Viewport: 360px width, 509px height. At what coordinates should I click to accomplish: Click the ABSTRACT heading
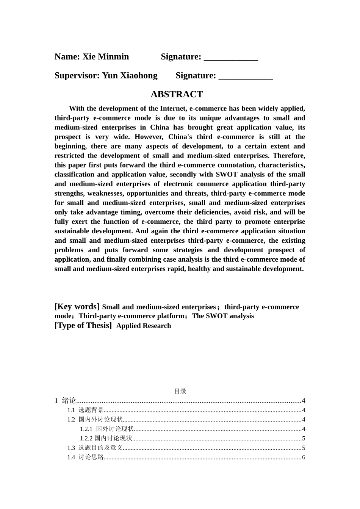[177, 94]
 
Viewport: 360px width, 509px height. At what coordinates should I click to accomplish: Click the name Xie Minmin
[106, 57]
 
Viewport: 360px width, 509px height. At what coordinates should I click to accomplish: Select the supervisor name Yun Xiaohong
[130, 76]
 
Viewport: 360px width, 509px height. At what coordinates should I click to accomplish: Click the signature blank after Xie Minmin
[231, 58]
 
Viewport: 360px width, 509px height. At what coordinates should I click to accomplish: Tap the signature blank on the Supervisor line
[246, 77]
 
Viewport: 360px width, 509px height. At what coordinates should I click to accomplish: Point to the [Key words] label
[77, 306]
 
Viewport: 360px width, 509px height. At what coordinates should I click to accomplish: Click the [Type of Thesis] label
[83, 325]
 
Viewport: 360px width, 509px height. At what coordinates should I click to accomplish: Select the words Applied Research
[144, 326]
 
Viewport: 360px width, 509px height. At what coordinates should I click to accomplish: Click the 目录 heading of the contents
[180, 391]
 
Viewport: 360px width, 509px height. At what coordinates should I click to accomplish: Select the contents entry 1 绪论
[66, 401]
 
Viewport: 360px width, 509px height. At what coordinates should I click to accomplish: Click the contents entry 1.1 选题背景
[86, 410]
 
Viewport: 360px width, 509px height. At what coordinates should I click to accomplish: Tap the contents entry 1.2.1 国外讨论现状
[107, 429]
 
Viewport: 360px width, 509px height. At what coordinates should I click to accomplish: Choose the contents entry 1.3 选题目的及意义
[95, 448]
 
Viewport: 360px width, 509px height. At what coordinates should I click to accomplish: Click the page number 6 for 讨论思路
[304, 457]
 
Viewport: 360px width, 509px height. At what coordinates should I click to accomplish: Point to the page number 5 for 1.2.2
[304, 439]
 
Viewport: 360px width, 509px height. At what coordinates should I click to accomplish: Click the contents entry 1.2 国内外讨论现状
[95, 420]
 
